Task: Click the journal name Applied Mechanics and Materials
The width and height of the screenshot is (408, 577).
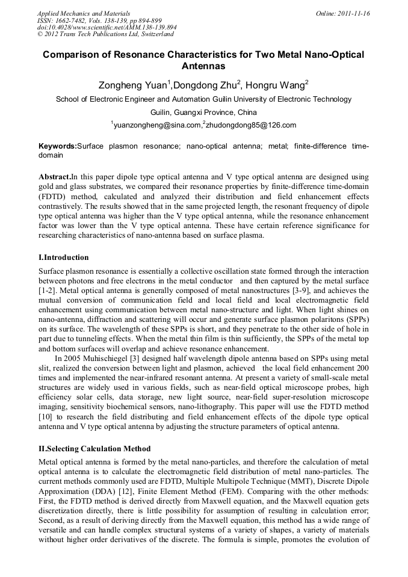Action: pos(84,13)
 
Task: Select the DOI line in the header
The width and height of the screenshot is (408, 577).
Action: pos(107,27)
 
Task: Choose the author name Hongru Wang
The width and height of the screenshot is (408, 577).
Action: pos(275,85)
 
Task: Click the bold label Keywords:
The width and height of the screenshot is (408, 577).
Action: pos(58,146)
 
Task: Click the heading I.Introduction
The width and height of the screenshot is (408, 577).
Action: pos(63,258)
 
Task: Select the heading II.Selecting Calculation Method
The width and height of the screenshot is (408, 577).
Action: pos(94,449)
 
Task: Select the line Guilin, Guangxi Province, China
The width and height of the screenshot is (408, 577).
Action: pos(203,113)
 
